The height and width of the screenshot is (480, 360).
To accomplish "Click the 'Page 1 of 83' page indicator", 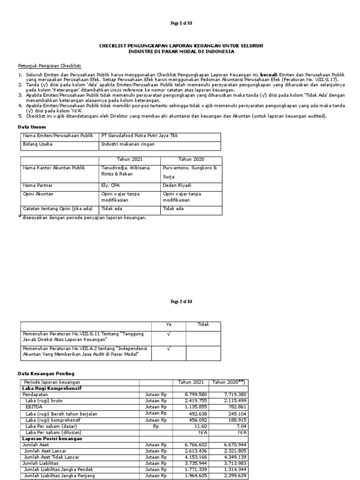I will pyautogui.click(x=180, y=23).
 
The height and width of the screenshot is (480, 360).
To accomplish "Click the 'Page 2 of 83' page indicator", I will pyautogui.click(x=180, y=302).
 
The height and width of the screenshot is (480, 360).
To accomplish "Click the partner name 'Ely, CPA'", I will pyautogui.click(x=111, y=185).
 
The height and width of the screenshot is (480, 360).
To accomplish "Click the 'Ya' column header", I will pyautogui.click(x=169, y=324).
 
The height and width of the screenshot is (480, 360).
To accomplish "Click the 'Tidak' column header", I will pyautogui.click(x=203, y=324).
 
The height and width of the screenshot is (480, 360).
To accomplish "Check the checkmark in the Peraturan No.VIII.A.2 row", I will pyautogui.click(x=169, y=349).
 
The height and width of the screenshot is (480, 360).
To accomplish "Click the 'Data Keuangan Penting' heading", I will pyautogui.click(x=45, y=374).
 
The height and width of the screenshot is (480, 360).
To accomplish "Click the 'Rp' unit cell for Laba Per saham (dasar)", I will pyautogui.click(x=156, y=426).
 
